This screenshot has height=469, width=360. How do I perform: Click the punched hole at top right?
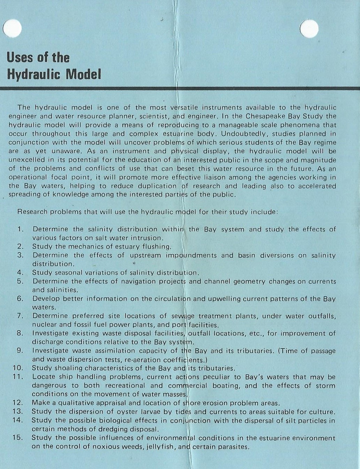coord(309,28)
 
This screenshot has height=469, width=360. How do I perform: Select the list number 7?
coord(20,316)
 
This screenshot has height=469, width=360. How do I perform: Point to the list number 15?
coord(17,438)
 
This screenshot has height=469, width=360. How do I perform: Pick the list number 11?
coord(17,377)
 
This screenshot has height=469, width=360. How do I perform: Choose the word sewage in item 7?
coord(183,316)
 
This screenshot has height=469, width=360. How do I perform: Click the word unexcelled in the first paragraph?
coord(26,160)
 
